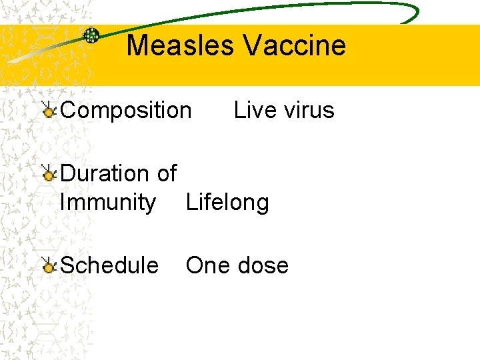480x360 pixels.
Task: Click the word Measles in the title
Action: [180, 45]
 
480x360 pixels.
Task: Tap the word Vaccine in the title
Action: [294, 45]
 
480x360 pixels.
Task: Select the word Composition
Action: [125, 110]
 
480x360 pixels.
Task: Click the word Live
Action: [251, 110]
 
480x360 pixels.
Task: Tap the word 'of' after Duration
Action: [166, 174]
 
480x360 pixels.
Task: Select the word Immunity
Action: [108, 202]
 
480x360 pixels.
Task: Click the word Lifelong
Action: [227, 202]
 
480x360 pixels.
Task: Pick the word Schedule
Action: [109, 265]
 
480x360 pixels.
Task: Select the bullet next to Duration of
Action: [48, 175]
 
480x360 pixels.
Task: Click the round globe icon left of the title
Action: [91, 35]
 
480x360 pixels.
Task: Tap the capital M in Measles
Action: [138, 45]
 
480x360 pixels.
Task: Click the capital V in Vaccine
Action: [252, 45]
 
